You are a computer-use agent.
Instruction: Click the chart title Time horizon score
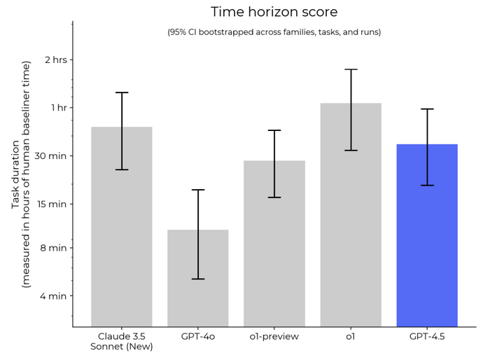click(x=274, y=12)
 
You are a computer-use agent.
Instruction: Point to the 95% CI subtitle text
click(x=274, y=32)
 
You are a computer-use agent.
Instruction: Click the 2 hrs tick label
click(x=55, y=60)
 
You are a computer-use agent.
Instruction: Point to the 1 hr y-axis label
click(x=57, y=107)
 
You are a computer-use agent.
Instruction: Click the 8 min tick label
click(x=54, y=247)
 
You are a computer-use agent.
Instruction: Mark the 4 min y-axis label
click(x=54, y=296)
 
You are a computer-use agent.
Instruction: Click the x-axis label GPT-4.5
click(x=427, y=336)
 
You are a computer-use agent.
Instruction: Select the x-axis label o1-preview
click(x=274, y=336)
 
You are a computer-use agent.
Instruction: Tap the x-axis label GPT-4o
click(x=198, y=336)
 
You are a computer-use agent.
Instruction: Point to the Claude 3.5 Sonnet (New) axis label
click(x=122, y=341)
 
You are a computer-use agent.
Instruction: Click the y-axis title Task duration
click(x=21, y=175)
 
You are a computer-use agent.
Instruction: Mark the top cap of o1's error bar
click(x=351, y=69)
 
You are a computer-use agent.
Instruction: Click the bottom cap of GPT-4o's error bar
click(x=198, y=279)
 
